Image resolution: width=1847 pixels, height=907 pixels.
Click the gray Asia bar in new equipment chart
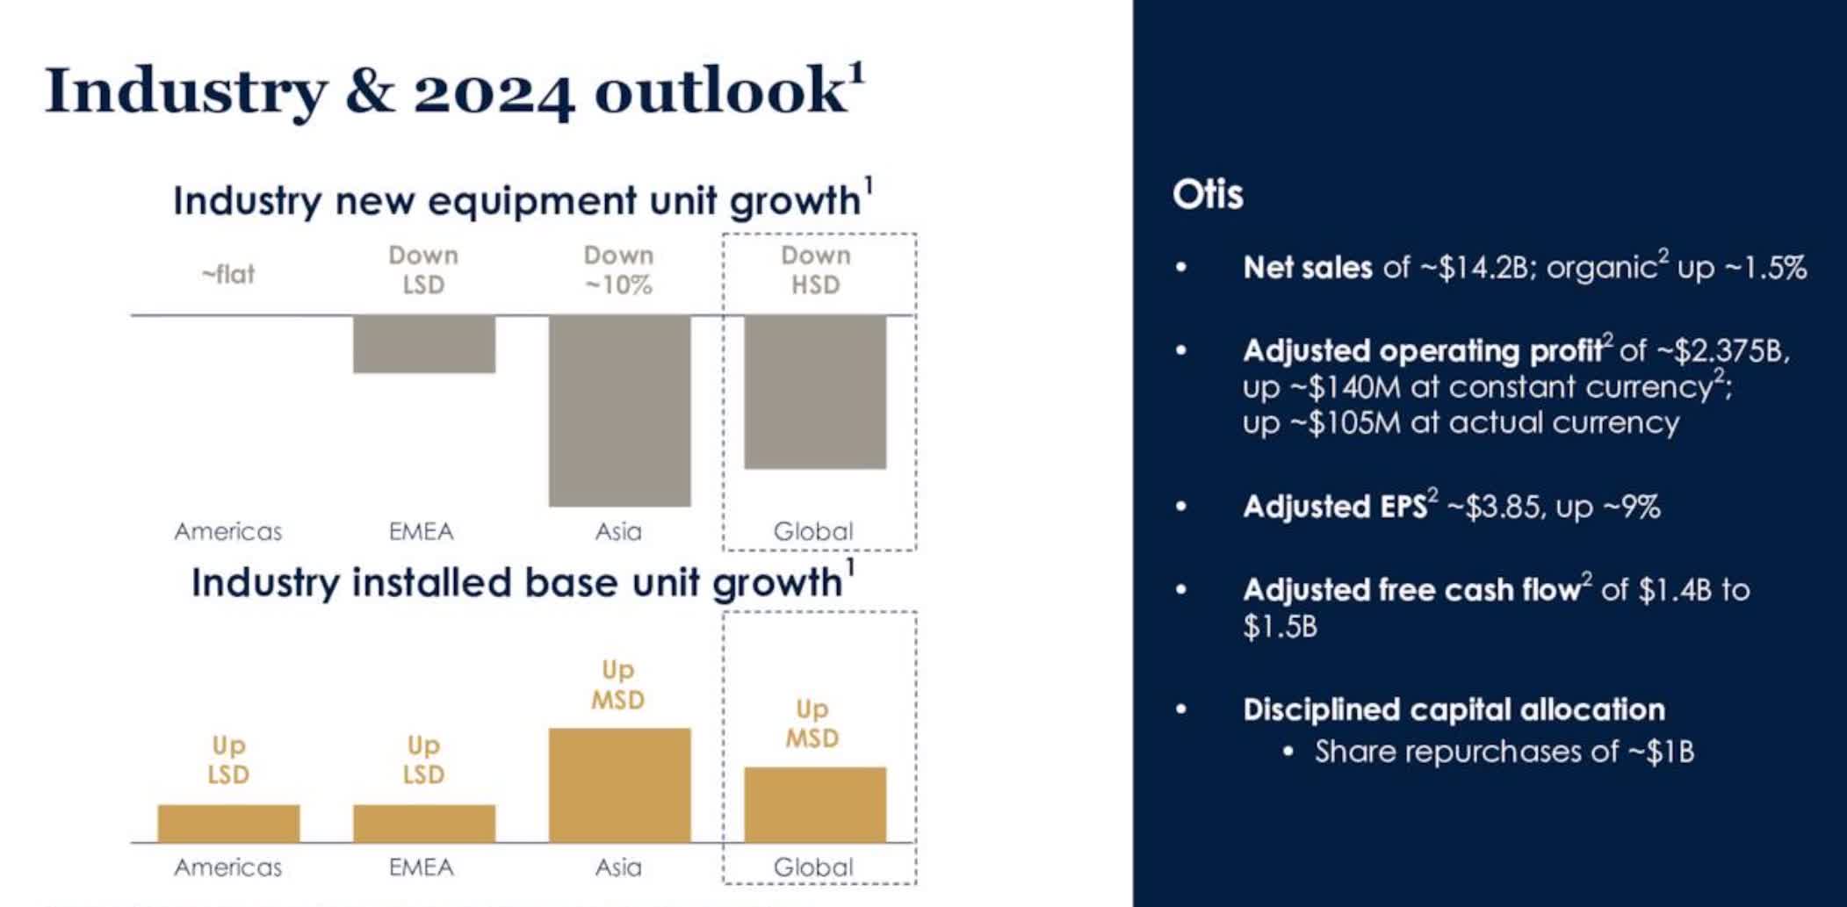[619, 410]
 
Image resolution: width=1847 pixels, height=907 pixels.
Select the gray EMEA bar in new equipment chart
[423, 344]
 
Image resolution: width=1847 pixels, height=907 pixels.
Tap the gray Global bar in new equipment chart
[814, 392]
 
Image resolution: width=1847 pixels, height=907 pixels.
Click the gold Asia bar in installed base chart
[619, 785]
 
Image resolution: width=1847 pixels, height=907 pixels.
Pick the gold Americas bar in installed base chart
[228, 823]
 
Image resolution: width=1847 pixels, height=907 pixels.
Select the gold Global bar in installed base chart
[814, 804]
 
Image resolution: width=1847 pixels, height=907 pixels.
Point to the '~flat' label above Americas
[228, 274]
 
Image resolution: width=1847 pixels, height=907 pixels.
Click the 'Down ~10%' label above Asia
[618, 270]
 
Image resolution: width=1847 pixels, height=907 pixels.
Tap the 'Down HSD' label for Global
[815, 270]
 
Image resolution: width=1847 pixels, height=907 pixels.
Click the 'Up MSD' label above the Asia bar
[617, 685]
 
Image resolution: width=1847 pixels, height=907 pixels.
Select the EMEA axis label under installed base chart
[422, 867]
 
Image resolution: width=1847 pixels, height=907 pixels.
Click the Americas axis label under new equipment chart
[228, 531]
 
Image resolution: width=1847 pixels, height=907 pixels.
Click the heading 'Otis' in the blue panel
[1208, 194]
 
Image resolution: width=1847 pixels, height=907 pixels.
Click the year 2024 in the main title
[494, 91]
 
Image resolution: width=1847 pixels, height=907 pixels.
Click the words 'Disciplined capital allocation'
[1454, 709]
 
